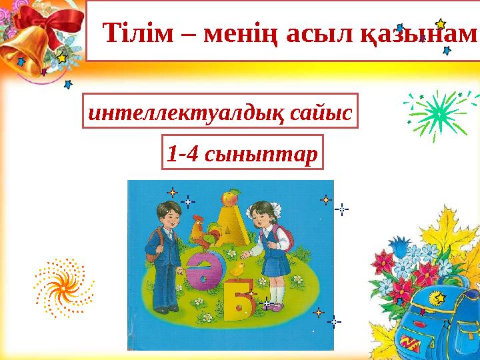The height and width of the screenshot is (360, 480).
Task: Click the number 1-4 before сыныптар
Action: pyautogui.click(x=182, y=154)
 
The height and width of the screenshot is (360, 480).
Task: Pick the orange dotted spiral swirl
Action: pyautogui.click(x=64, y=287)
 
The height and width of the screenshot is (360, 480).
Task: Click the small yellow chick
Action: pyautogui.click(x=237, y=269)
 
